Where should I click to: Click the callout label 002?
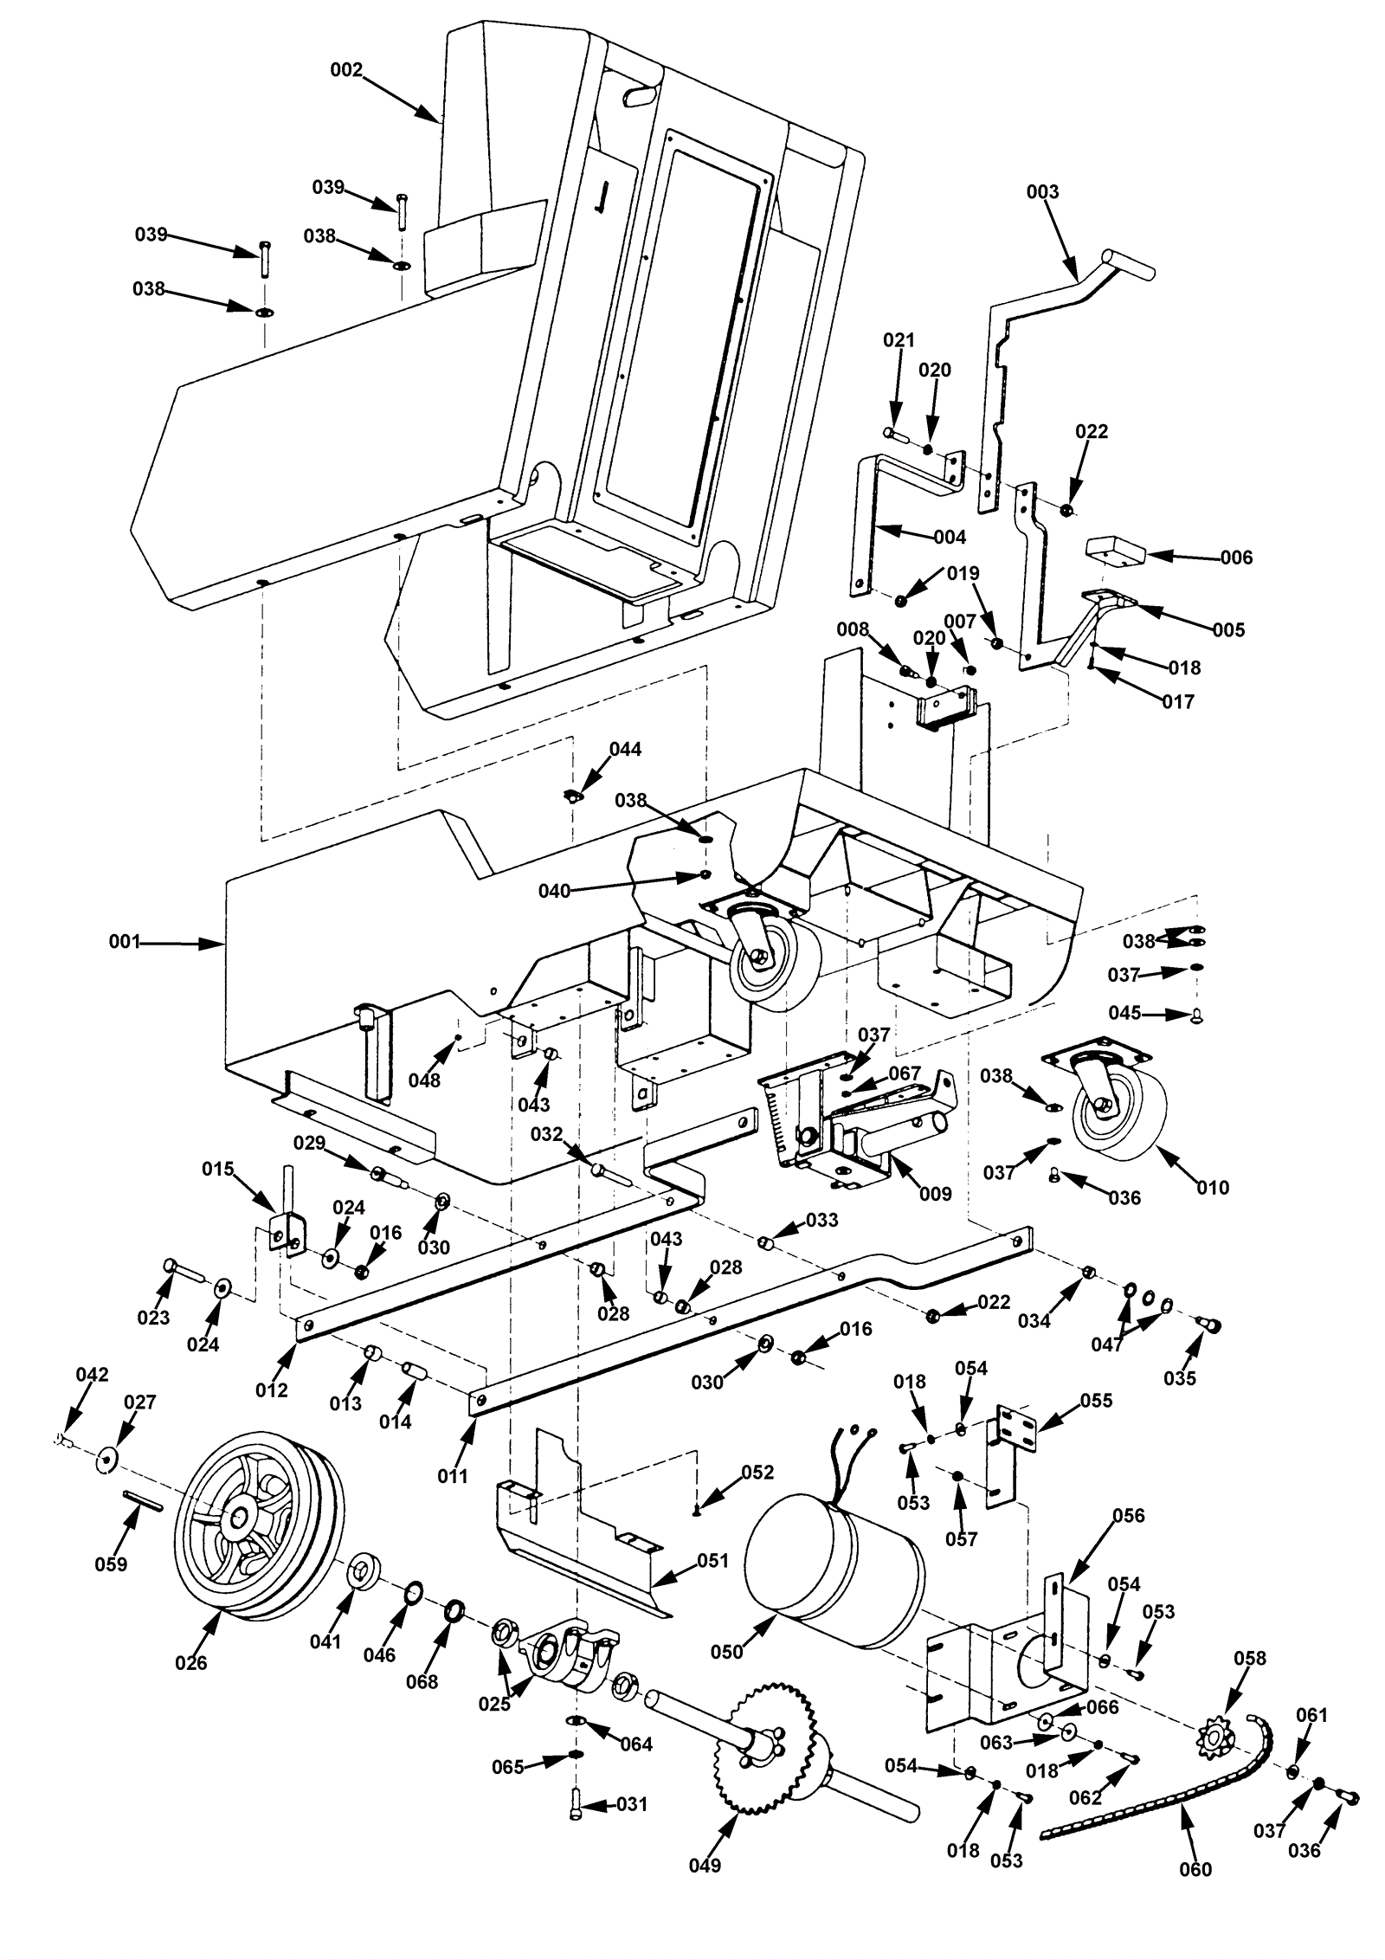point(346,70)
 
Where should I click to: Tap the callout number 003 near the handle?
point(1042,191)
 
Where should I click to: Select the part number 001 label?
point(125,941)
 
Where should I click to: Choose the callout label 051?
point(712,1560)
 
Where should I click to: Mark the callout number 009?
point(935,1194)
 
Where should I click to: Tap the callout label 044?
point(625,749)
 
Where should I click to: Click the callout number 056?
point(1128,1515)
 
